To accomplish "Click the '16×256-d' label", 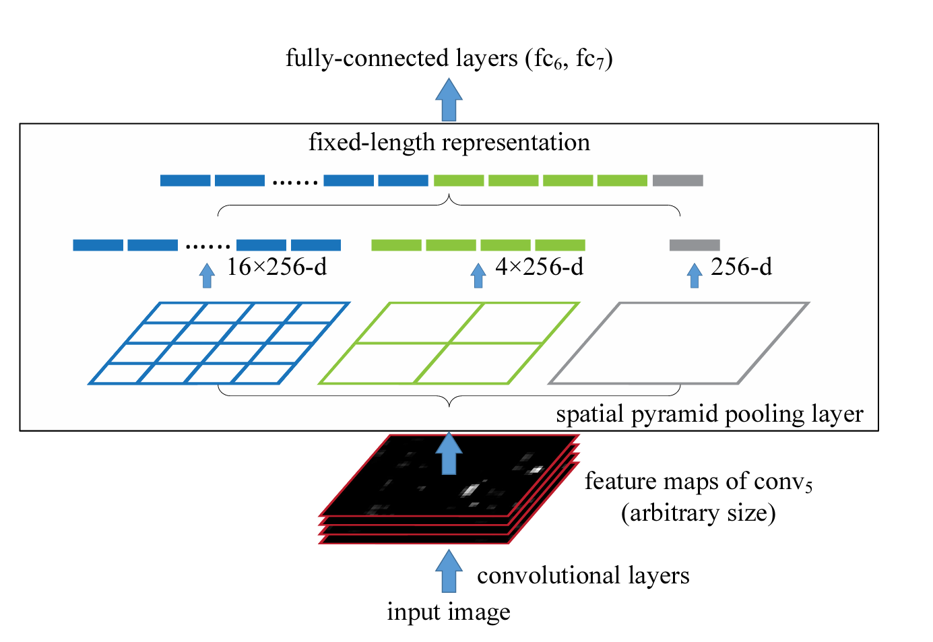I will pyautogui.click(x=276, y=267).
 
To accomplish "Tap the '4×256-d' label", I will pyautogui.click(x=539, y=267).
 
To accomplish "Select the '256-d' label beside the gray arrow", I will pyautogui.click(x=741, y=267).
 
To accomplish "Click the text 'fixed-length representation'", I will pyautogui.click(x=449, y=143).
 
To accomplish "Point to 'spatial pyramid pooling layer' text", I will pyautogui.click(x=709, y=414).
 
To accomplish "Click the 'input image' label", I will pyautogui.click(x=449, y=612).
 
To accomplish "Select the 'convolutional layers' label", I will pyautogui.click(x=583, y=575).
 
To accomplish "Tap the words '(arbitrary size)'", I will pyautogui.click(x=699, y=513).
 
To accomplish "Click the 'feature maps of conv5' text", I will pyautogui.click(x=699, y=482).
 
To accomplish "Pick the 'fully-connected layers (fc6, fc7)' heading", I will pyautogui.click(x=449, y=59).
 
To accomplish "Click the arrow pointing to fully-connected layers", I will pyautogui.click(x=449, y=100).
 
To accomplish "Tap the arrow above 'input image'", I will pyautogui.click(x=449, y=571).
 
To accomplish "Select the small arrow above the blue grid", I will pyautogui.click(x=207, y=275).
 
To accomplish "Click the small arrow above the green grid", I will pyautogui.click(x=478, y=275).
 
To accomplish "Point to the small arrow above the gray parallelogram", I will pyautogui.click(x=695, y=275).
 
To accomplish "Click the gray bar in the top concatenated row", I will pyautogui.click(x=678, y=181).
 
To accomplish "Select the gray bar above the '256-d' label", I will pyautogui.click(x=695, y=245).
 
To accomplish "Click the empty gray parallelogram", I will pyautogui.click(x=679, y=344).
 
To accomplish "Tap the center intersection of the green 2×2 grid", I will pyautogui.click(x=449, y=344).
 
